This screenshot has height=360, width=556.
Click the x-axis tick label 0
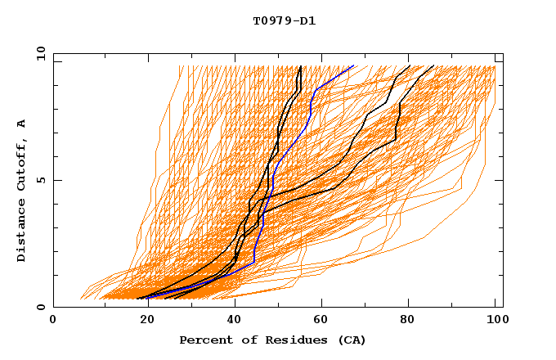click(53, 322)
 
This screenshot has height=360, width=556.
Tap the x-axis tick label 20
click(141, 322)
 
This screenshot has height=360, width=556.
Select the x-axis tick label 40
click(230, 322)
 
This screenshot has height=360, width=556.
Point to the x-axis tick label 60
click(318, 322)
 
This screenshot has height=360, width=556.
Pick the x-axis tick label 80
click(406, 322)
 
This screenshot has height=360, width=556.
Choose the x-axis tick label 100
click(495, 322)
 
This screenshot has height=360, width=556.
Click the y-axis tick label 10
click(39, 53)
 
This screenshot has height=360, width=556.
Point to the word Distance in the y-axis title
click(21, 232)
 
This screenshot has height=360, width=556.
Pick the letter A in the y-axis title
click(21, 124)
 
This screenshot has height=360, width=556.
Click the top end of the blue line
click(353, 65)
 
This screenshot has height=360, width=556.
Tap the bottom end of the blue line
click(148, 298)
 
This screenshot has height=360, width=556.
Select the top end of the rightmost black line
click(433, 65)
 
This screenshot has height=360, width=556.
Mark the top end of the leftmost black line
click(301, 65)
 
